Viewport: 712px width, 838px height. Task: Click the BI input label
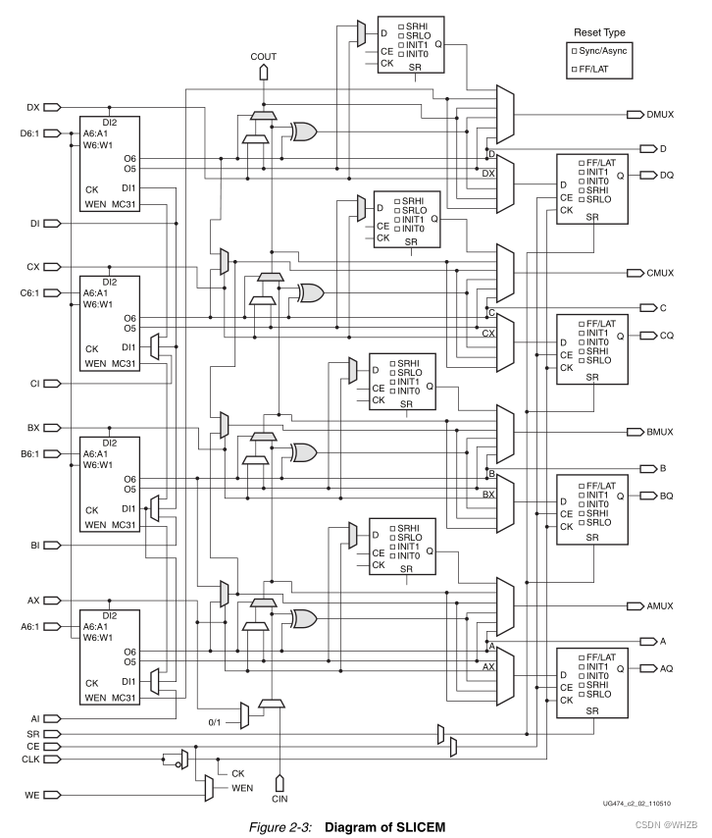pos(35,545)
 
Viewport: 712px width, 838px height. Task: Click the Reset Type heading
pos(599,31)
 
